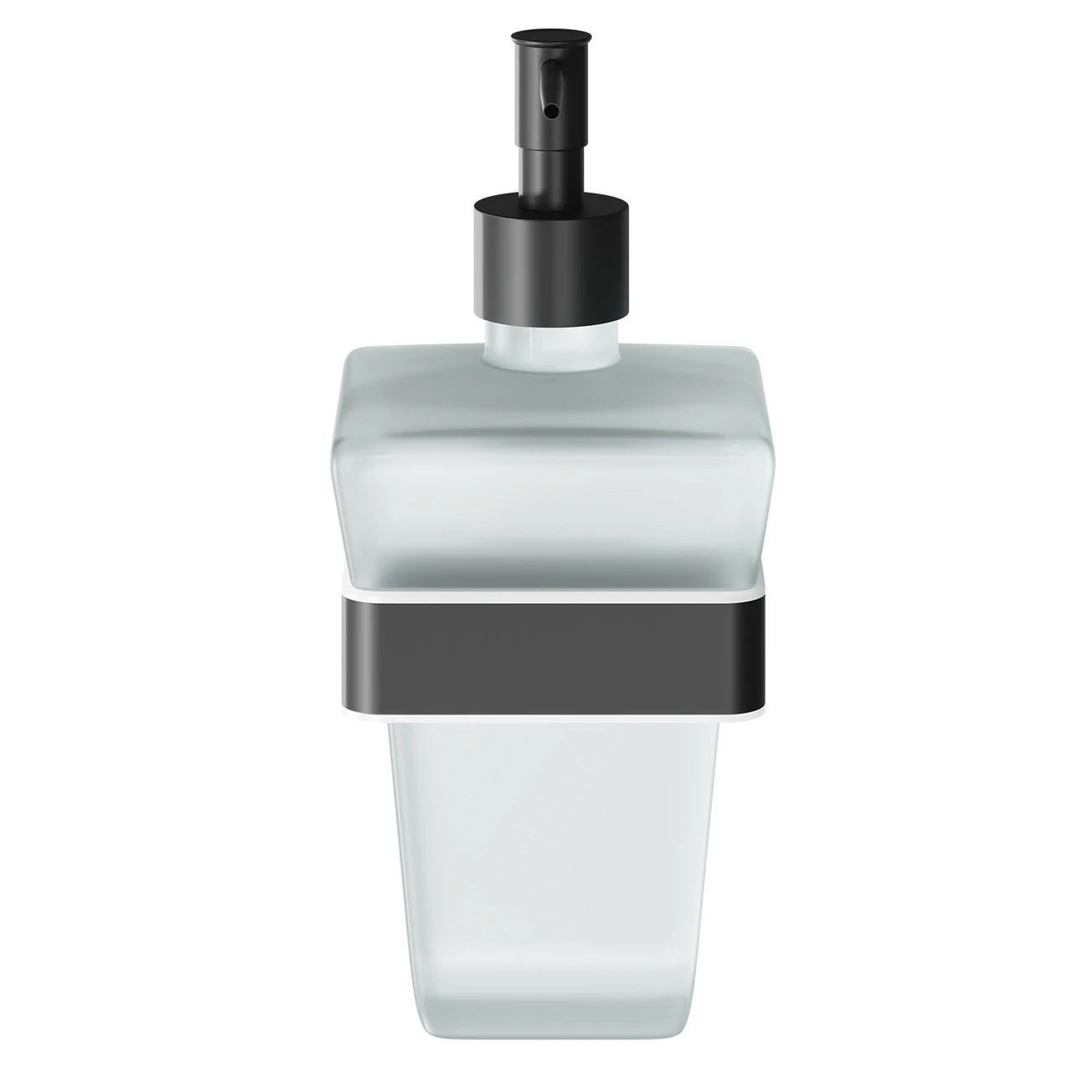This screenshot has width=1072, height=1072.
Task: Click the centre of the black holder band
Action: [x=535, y=653]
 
